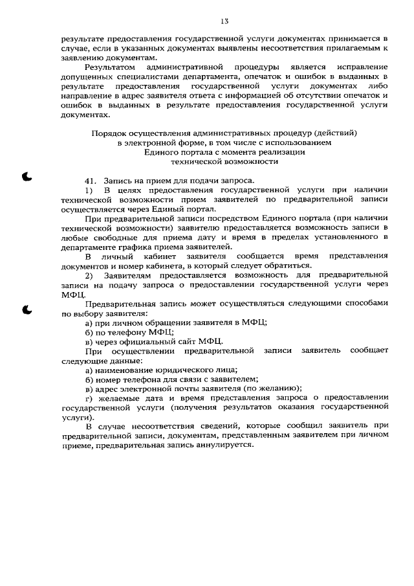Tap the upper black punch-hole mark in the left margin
27,175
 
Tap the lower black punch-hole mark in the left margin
27,309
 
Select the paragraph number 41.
91,180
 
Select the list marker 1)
89,190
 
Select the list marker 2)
89,276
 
